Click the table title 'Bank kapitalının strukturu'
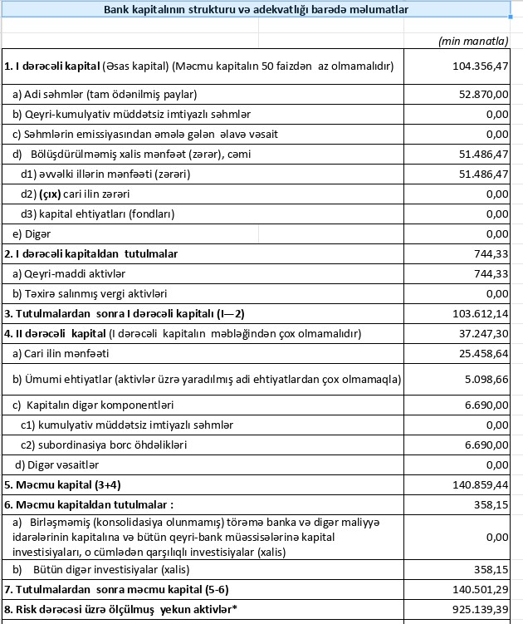[256, 10]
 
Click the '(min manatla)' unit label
[472, 41]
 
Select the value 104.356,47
[476, 66]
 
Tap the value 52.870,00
[479, 94]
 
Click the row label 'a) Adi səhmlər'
[104, 94]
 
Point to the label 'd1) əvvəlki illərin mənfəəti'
[105, 174]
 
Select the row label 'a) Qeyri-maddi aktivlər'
[69, 273]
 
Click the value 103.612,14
[476, 313]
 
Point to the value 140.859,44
[476, 484]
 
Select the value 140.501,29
[476, 590]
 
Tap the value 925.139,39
[476, 610]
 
